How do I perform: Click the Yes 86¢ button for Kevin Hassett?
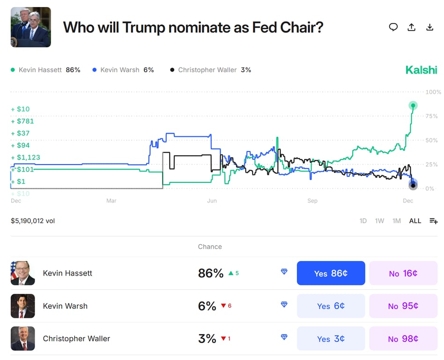point(331,273)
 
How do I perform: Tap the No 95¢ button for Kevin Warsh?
point(403,306)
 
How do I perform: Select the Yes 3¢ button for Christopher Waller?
point(331,339)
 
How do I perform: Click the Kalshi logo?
point(421,70)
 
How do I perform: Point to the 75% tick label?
point(431,116)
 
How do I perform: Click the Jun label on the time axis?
point(212,201)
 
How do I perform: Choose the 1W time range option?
point(379,221)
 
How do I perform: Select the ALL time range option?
point(415,221)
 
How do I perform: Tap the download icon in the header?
point(429,27)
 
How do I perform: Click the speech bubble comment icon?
point(393,27)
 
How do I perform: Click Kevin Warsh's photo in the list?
point(23,306)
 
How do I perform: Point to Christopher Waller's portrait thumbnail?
point(23,339)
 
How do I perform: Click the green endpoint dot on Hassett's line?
point(413,105)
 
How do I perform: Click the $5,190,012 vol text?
point(33,221)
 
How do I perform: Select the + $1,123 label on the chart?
point(26,157)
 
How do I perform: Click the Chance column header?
point(210,247)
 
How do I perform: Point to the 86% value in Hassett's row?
point(211,273)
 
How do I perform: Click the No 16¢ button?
point(403,273)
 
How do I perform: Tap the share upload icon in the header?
point(411,27)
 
